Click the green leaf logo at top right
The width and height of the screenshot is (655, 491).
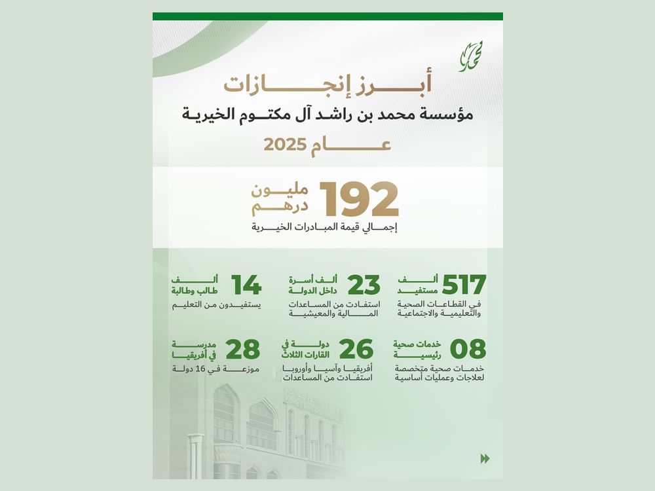point(470,56)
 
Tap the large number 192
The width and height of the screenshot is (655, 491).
point(359,200)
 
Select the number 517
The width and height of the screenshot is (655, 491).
point(464,285)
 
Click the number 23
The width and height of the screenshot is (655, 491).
point(364,285)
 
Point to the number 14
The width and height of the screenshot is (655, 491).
point(246,285)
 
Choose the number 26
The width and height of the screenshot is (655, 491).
point(357,350)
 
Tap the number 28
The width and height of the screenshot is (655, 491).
point(242,350)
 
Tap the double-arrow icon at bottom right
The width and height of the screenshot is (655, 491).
point(485,458)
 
